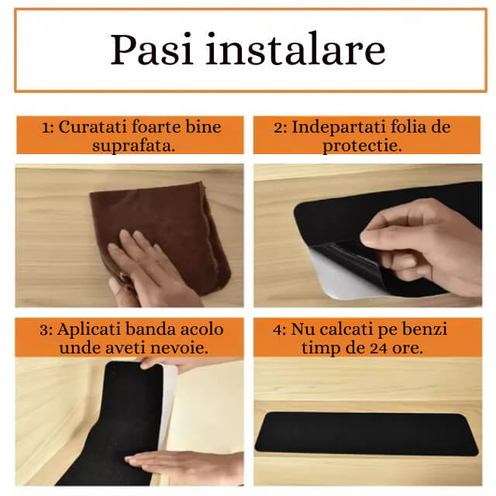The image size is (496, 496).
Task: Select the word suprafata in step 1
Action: click(129, 145)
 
